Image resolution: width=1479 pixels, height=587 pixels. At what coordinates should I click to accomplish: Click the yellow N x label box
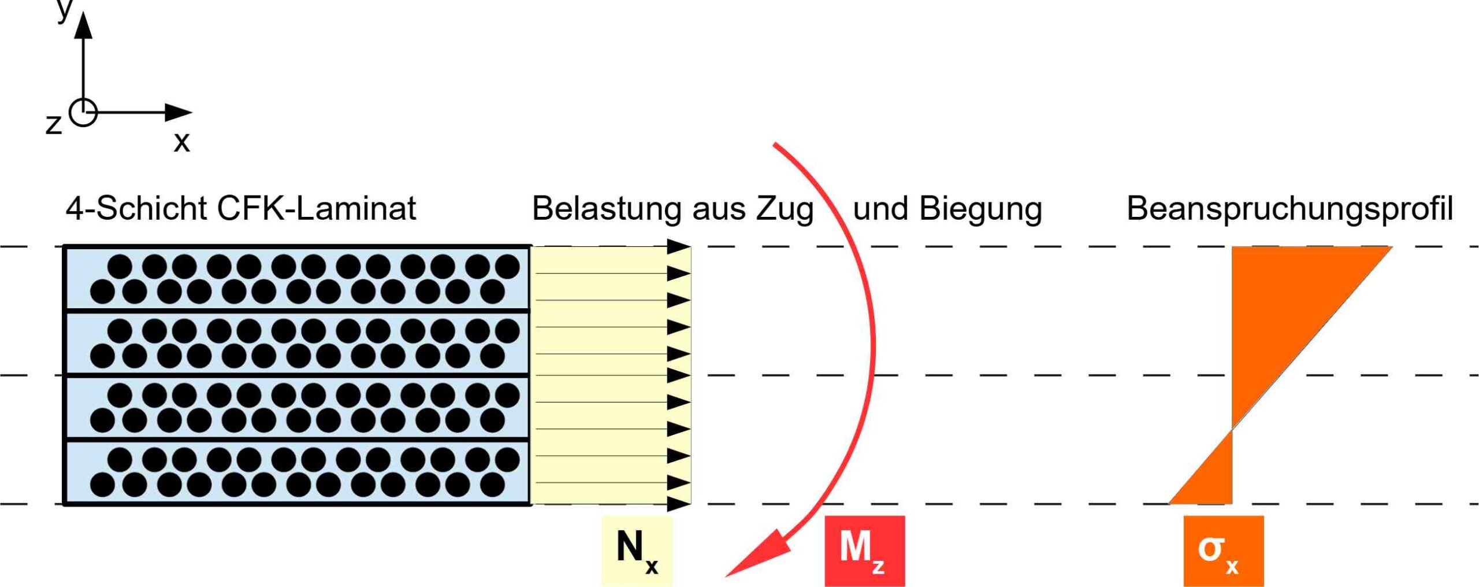click(x=637, y=551)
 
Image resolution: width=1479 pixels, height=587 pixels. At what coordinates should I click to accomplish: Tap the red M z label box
click(x=864, y=551)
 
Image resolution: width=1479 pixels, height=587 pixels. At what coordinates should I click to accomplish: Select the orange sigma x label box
click(x=1223, y=551)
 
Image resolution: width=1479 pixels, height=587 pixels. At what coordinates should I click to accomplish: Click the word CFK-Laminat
click(x=316, y=208)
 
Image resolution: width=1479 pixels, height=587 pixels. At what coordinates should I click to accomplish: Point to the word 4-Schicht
click(x=136, y=208)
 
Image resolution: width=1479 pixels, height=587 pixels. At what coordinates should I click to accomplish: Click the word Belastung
click(x=607, y=208)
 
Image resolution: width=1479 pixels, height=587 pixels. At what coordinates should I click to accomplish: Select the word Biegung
click(x=980, y=208)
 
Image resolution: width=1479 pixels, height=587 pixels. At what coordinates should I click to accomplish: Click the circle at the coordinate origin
click(x=83, y=112)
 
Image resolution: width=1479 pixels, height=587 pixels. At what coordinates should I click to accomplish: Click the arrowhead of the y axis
click(x=84, y=26)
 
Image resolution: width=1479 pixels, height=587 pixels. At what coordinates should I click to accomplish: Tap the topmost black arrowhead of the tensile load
click(x=678, y=247)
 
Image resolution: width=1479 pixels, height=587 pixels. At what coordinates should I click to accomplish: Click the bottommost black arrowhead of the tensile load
click(x=678, y=504)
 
